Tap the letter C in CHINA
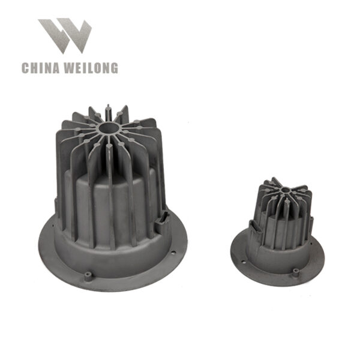(26, 68)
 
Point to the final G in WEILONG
(114, 68)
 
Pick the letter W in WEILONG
(71, 68)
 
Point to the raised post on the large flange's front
(89, 275)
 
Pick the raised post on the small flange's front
(296, 271)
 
